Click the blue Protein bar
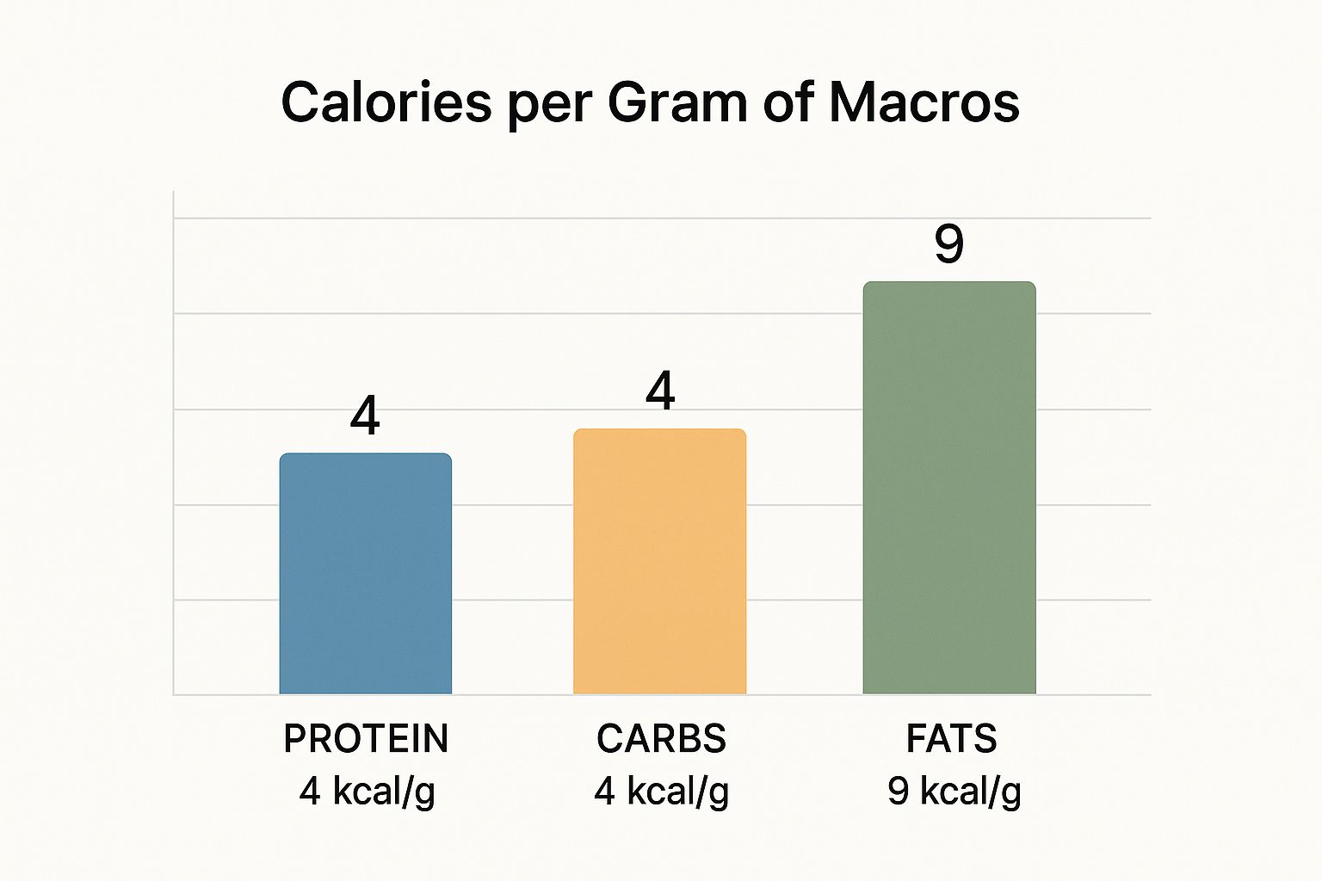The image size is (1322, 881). (366, 574)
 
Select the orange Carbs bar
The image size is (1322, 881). (660, 562)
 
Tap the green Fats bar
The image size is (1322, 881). (949, 488)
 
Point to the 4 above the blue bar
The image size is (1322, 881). (365, 416)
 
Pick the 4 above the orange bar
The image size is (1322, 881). (660, 391)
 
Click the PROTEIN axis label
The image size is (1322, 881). (366, 739)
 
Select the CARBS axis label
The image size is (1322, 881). (661, 739)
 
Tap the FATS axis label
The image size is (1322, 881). (951, 739)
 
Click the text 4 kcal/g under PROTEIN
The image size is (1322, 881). (368, 792)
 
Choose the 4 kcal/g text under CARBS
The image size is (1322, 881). (661, 792)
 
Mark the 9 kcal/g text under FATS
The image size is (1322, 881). (954, 792)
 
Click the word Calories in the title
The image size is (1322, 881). (386, 102)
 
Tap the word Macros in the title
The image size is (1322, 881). (924, 102)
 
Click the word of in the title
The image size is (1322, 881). (789, 102)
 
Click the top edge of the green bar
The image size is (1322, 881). (949, 282)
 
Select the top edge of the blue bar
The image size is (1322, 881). (366, 454)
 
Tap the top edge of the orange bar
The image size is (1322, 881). (660, 429)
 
